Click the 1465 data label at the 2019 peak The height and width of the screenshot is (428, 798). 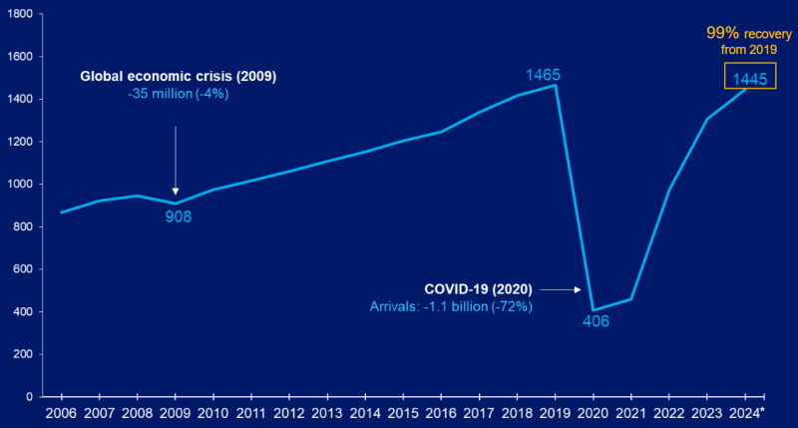545,74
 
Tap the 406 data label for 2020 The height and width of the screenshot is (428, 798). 597,321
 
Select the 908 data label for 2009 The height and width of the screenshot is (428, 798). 178,214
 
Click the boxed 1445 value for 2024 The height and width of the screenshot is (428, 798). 748,78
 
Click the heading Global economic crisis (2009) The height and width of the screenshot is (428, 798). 179,76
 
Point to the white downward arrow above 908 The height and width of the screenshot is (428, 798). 176,160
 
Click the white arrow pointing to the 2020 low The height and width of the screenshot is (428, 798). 564,289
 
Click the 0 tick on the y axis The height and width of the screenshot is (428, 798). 30,397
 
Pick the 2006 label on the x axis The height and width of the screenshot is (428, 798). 61,412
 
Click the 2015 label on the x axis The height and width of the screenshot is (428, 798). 402,412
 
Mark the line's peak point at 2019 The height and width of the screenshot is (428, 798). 555,86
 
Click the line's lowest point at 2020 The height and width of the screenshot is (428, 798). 594,310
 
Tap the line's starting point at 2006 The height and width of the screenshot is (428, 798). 61,213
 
